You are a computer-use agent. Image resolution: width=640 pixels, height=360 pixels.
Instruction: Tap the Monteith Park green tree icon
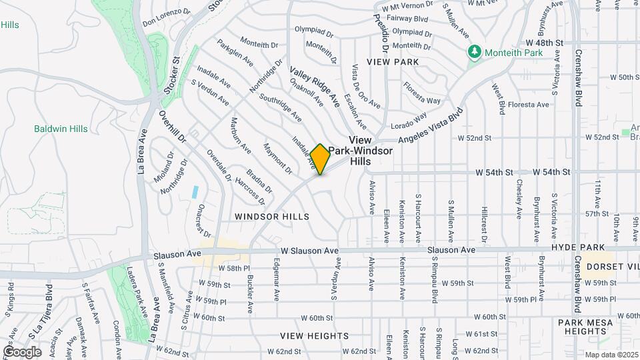click(x=474, y=51)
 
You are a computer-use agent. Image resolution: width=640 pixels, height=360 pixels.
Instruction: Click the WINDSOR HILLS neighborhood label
click(x=272, y=217)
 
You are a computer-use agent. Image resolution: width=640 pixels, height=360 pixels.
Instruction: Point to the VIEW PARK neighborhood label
click(x=397, y=62)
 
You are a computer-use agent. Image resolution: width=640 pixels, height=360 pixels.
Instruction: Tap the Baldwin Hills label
click(x=61, y=129)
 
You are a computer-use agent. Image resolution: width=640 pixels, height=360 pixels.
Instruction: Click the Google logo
click(x=22, y=351)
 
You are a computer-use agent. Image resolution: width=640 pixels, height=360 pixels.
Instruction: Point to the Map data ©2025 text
click(x=610, y=355)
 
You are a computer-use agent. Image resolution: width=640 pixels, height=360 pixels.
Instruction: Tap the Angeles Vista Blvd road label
click(x=430, y=127)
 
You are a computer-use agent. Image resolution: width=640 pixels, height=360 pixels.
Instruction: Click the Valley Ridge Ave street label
click(x=315, y=86)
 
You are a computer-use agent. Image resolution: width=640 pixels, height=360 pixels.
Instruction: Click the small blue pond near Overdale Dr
click(x=195, y=192)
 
